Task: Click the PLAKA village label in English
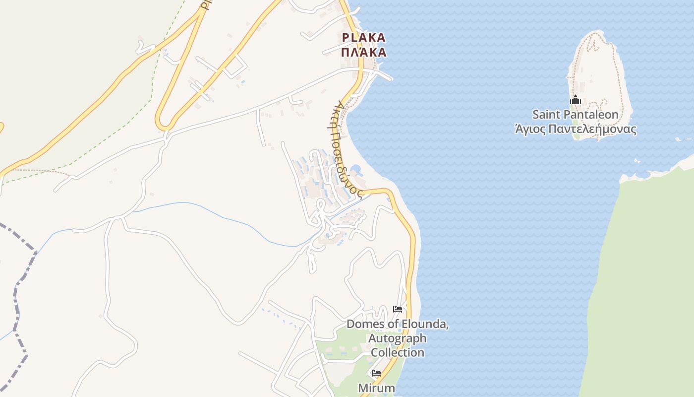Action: point(363,38)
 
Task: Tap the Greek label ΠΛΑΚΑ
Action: point(363,52)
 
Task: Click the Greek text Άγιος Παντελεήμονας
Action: point(575,130)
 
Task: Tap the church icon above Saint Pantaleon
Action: point(575,100)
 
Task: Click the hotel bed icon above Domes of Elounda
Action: point(397,309)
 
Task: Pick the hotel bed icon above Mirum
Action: point(376,373)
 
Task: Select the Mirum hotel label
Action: point(377,387)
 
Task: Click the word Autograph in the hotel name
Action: point(397,338)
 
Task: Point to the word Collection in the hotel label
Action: point(397,352)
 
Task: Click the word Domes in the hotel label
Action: point(364,325)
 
